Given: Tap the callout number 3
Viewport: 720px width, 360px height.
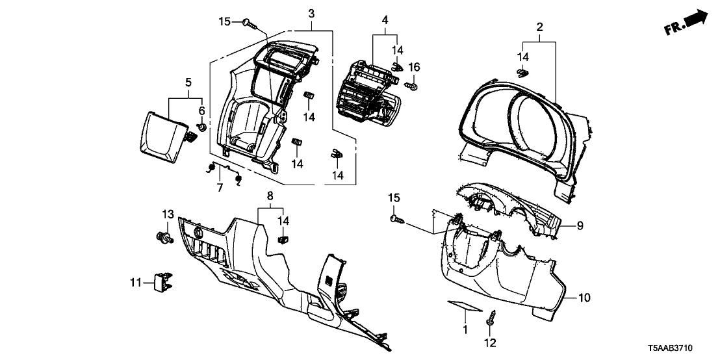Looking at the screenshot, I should click(x=311, y=14).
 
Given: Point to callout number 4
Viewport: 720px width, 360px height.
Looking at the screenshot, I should click(x=385, y=20).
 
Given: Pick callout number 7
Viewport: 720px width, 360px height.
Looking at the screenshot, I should click(x=220, y=187).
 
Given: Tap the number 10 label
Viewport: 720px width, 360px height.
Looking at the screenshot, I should click(x=584, y=298).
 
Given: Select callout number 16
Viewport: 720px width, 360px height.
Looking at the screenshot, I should click(x=414, y=67).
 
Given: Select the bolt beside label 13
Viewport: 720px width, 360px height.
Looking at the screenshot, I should click(x=166, y=237).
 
